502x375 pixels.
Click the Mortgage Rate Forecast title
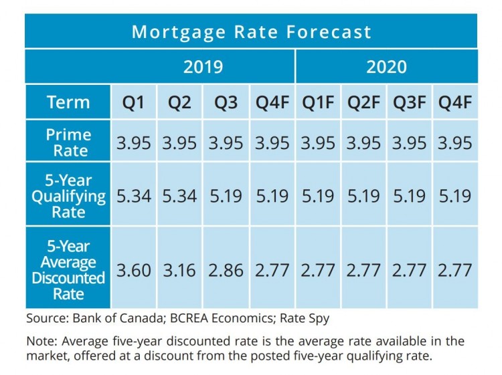(251, 31)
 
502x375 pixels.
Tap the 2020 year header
(386, 67)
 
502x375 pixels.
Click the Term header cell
(68, 103)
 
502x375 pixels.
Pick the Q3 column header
(226, 103)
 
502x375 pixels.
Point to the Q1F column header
(317, 103)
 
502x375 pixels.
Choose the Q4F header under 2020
(455, 103)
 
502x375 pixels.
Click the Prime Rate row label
(68, 142)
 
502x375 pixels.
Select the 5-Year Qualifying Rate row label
(68, 195)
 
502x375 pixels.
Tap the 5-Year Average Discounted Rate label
(68, 269)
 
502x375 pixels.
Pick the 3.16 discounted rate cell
(179, 270)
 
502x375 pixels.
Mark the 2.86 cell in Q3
(226, 270)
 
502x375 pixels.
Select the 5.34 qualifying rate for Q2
(179, 196)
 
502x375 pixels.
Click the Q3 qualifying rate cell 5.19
(226, 196)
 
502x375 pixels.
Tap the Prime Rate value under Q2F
(363, 142)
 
